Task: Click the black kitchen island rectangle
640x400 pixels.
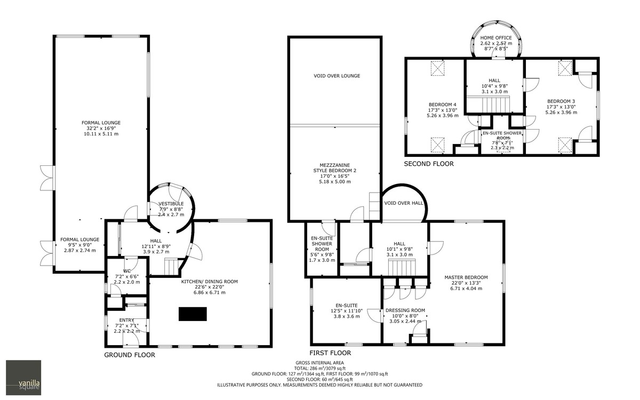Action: click(192, 314)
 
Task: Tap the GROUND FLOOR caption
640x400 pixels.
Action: click(129, 355)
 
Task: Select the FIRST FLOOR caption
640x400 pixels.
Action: click(330, 353)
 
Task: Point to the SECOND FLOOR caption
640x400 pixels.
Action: click(428, 164)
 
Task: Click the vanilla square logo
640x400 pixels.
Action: click(23, 378)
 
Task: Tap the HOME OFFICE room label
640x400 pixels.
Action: click(495, 38)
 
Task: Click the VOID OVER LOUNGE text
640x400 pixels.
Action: click(337, 76)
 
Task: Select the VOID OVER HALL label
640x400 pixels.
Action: click(404, 203)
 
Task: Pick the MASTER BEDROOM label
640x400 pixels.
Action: click(466, 277)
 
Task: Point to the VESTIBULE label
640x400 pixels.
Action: click(171, 204)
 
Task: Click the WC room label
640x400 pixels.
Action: click(127, 271)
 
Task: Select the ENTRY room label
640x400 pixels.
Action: click(126, 320)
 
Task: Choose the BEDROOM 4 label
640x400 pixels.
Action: click(443, 105)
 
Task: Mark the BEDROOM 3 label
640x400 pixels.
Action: click(561, 101)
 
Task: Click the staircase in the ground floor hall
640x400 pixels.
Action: click(172, 266)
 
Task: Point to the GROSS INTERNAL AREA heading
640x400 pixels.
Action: click(319, 362)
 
